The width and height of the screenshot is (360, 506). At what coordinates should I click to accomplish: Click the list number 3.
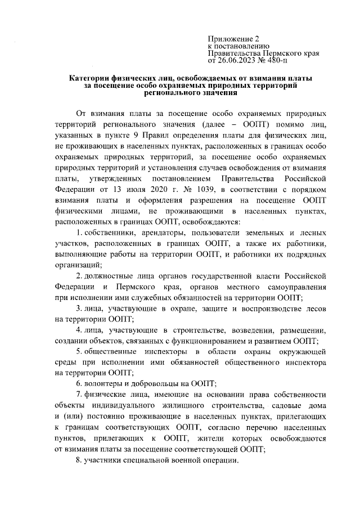pos(78,308)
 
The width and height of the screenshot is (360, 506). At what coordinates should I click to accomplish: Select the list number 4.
pos(78,330)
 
